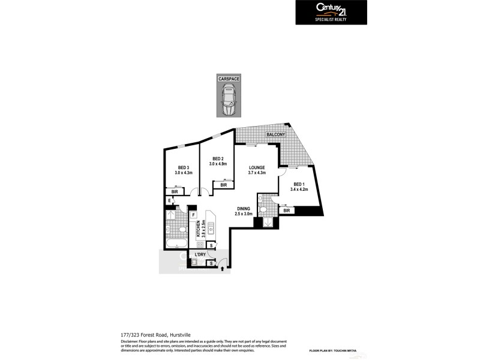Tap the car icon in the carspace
(x=228, y=100)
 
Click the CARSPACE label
(x=228, y=79)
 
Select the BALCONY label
(x=276, y=135)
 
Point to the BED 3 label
(x=184, y=167)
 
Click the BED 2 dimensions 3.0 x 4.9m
(x=219, y=164)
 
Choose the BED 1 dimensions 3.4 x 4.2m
(x=299, y=190)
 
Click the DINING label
(x=243, y=209)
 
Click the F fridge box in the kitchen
(x=194, y=215)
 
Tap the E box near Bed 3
(x=170, y=201)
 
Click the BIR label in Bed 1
(x=287, y=211)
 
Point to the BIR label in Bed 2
(x=223, y=185)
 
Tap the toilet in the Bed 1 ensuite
(x=264, y=210)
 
